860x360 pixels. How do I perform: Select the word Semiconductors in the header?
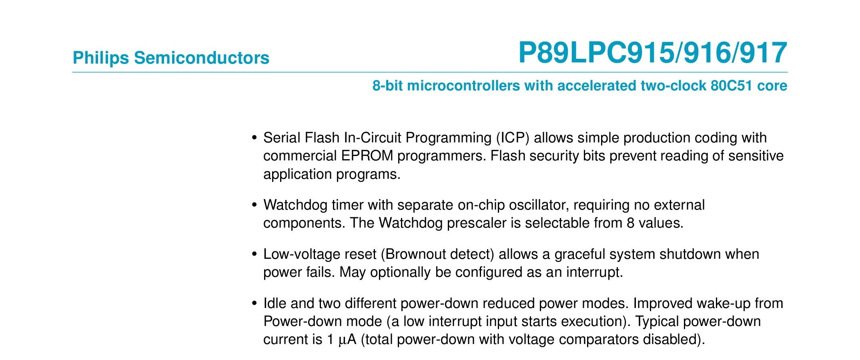(x=202, y=58)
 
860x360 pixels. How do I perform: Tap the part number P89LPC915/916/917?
(x=653, y=53)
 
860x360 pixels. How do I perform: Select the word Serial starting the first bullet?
(x=282, y=138)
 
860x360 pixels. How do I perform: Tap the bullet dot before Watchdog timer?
(x=254, y=205)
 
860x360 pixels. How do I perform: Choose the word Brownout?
(x=415, y=254)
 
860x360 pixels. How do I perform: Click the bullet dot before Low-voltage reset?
(x=254, y=254)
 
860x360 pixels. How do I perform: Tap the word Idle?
(x=275, y=303)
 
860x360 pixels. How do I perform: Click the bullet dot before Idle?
(x=254, y=304)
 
